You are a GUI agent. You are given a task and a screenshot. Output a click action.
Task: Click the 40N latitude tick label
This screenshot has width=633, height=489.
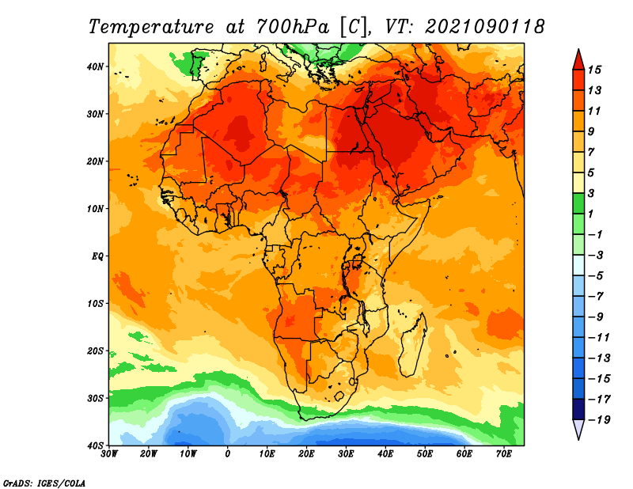tap(95, 66)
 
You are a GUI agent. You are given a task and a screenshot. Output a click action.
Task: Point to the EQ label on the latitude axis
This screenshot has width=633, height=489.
tap(97, 256)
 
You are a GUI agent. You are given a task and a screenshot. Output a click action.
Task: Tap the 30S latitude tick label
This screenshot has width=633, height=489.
tap(95, 399)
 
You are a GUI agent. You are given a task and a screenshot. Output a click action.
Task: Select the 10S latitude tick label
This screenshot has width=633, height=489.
tap(95, 304)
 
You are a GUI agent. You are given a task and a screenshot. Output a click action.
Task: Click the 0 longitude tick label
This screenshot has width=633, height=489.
tap(228, 454)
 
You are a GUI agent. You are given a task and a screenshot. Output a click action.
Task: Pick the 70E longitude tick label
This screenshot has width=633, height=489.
tap(504, 454)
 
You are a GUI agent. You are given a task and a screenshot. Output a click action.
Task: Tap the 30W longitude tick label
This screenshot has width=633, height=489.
tap(109, 454)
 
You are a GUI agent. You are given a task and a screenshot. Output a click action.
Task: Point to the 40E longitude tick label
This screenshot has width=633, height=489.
tap(385, 454)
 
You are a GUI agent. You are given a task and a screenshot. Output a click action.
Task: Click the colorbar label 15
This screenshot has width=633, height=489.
tap(594, 70)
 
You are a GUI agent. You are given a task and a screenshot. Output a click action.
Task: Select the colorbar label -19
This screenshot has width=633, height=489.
tap(599, 420)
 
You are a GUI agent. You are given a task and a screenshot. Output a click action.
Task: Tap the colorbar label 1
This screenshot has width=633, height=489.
tap(591, 214)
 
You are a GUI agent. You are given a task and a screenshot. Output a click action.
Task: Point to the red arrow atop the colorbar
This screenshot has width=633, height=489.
tap(578, 60)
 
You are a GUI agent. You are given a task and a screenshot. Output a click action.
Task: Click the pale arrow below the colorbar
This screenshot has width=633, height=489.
tap(578, 430)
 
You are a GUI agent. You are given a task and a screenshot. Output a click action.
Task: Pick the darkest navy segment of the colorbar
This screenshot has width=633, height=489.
tap(578, 409)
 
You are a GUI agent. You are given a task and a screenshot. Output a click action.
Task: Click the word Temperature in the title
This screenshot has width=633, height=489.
tap(151, 28)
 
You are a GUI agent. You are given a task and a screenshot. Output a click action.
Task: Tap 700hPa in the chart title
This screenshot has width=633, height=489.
tap(292, 27)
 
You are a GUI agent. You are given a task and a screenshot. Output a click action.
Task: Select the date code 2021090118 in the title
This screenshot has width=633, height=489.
tap(485, 27)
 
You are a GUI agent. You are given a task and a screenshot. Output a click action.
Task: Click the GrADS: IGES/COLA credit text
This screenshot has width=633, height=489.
tap(44, 483)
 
